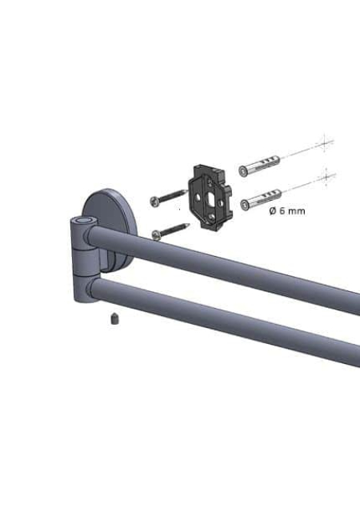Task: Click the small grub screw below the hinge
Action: (x=114, y=318)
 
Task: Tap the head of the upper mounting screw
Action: (x=154, y=201)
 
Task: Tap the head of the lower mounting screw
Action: (x=157, y=234)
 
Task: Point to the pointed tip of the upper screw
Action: (x=186, y=190)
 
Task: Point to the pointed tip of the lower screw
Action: (x=189, y=224)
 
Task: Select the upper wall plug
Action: (x=259, y=166)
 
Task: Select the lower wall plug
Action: (x=261, y=199)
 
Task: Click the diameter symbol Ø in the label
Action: (x=273, y=211)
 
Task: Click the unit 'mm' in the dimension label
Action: (x=297, y=211)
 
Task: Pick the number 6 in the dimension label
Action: (x=282, y=211)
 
